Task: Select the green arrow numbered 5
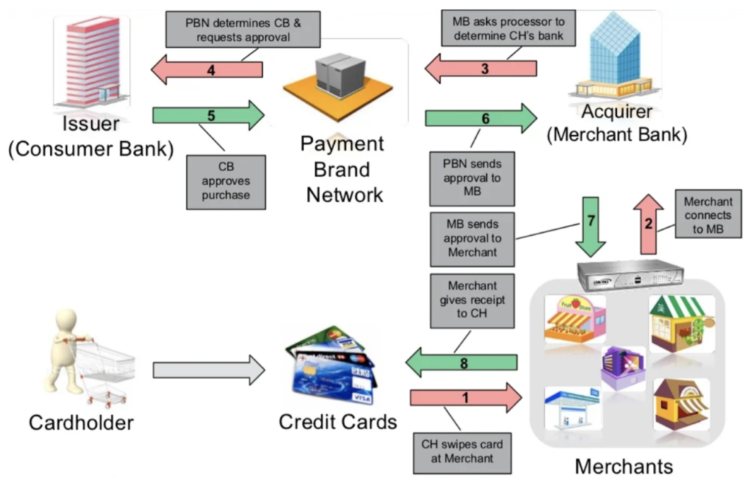[209, 115]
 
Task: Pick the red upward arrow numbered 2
[648, 223]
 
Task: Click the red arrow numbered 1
[466, 398]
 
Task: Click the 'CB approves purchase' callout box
[226, 181]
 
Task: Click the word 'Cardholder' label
[81, 422]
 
